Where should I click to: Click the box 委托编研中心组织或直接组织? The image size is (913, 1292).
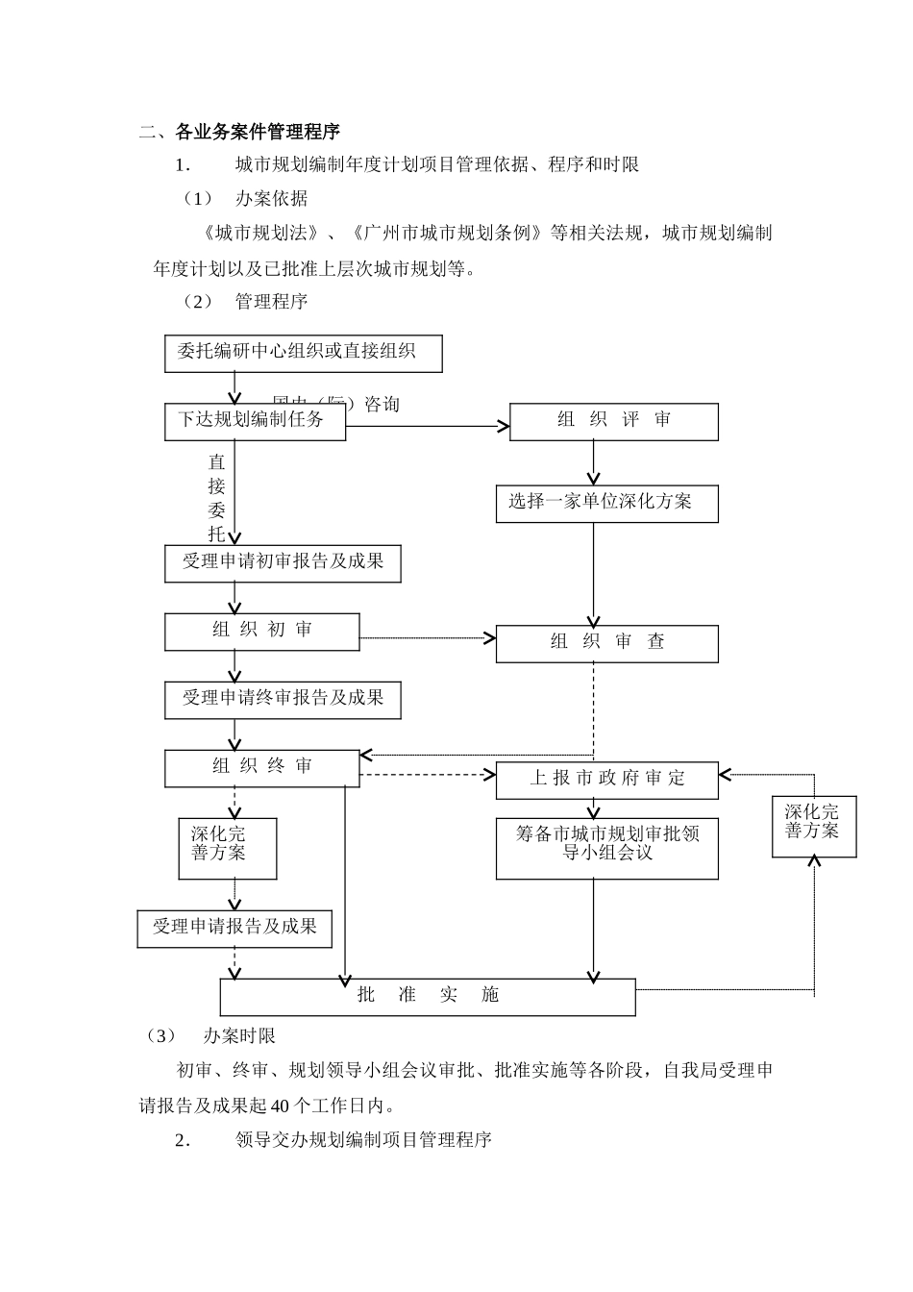[303, 353]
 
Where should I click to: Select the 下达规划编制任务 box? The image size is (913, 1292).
[255, 421]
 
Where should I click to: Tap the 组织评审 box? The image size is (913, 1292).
[613, 421]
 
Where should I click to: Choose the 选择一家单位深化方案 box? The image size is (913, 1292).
[606, 503]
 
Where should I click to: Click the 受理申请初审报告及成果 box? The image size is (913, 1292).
[283, 562]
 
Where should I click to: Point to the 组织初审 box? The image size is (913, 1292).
[262, 631]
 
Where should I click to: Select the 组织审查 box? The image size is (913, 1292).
[606, 643]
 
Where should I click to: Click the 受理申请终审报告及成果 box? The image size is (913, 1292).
[283, 699]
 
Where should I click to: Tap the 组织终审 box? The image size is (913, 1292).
[262, 767]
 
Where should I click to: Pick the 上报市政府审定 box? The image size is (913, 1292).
[606, 780]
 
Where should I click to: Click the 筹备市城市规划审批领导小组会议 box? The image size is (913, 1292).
[606, 847]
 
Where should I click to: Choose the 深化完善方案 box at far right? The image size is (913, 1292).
[813, 826]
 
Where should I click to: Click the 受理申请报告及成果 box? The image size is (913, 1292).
[234, 928]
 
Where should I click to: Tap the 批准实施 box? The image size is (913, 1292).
[428, 996]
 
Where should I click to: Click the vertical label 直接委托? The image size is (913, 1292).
[217, 498]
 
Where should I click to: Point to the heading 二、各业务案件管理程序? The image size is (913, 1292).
[239, 132]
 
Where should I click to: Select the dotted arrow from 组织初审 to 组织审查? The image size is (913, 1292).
[428, 637]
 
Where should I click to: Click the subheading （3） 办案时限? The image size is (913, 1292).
[210, 1036]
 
